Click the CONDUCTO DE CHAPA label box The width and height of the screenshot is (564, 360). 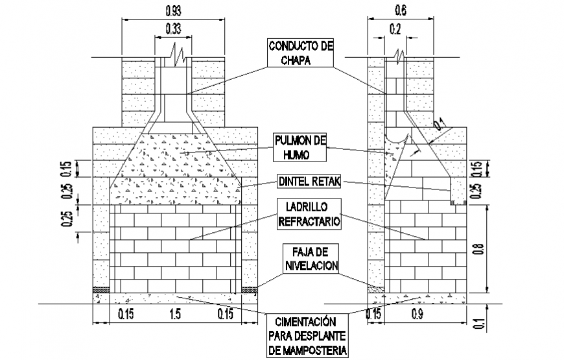tap(300, 53)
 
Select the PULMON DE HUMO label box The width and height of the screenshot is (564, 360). tap(300, 147)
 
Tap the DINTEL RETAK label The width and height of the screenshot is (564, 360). tap(309, 182)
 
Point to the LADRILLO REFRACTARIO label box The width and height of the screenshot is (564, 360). tap(309, 214)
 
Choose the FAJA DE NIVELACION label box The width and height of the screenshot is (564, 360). tap(311, 258)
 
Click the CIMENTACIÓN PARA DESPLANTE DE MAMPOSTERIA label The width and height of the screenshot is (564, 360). tap(307, 335)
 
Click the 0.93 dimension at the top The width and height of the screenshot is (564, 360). tap(173, 11)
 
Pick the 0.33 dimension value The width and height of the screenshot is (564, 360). tap(173, 29)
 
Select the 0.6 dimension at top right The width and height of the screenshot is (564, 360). tap(401, 11)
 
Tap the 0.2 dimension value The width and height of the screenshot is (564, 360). tap(395, 29)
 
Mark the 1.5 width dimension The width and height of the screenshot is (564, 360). tap(175, 315)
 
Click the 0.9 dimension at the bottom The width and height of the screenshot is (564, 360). tap(417, 315)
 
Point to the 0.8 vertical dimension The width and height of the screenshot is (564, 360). tap(480, 249)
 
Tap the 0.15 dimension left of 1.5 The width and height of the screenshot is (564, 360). tap(126, 315)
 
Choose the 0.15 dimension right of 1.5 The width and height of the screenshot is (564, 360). tap(225, 315)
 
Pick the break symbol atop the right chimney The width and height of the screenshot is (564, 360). tap(398, 56)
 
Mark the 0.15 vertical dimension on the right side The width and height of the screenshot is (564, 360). tap(477, 169)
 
